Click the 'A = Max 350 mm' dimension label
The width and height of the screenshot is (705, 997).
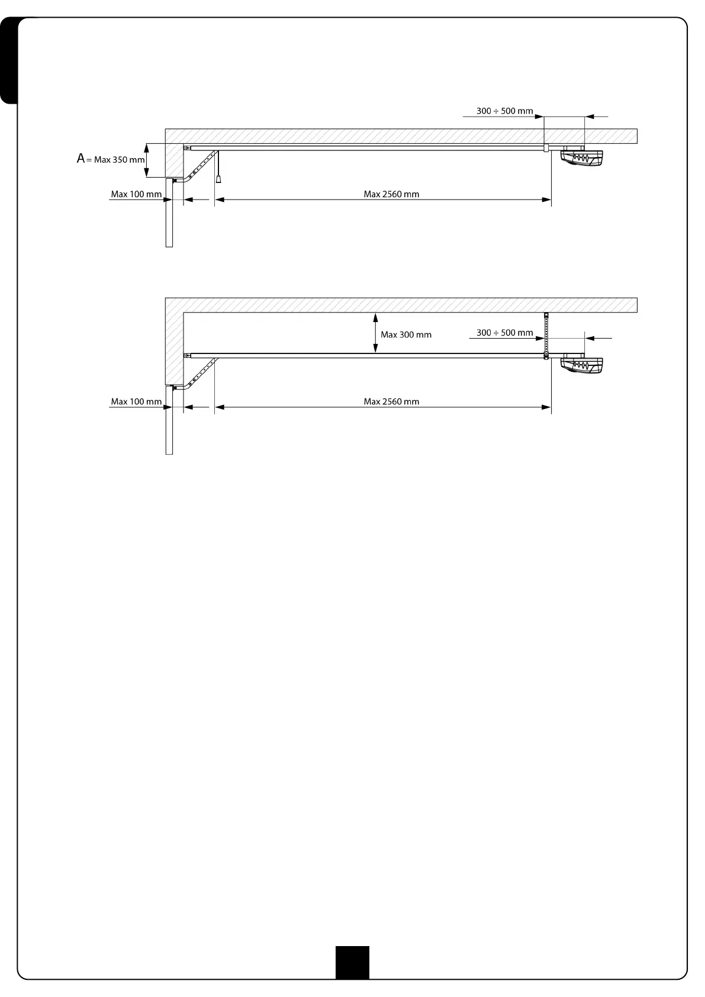(x=111, y=159)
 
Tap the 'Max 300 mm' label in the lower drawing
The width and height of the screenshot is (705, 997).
(x=406, y=335)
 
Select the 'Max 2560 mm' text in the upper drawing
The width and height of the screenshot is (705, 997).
(x=391, y=194)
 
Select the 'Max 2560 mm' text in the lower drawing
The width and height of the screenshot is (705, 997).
(x=391, y=401)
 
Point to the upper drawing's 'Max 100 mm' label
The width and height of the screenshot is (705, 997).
(x=136, y=194)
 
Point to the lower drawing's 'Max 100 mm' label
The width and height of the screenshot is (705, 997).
(x=136, y=401)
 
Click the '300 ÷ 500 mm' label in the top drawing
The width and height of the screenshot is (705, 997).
(x=504, y=111)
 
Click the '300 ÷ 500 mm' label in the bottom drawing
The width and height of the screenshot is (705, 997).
(x=504, y=333)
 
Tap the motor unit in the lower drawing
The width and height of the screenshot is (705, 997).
(x=582, y=366)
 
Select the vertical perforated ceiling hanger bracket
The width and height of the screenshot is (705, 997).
(x=546, y=335)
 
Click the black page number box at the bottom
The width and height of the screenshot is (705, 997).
(x=352, y=962)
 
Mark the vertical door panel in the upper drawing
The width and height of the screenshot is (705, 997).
(x=169, y=213)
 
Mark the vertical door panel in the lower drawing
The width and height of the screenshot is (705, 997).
(x=169, y=420)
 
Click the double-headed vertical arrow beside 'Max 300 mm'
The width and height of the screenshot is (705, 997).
(x=375, y=333)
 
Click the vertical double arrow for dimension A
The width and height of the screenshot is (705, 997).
(x=147, y=160)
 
